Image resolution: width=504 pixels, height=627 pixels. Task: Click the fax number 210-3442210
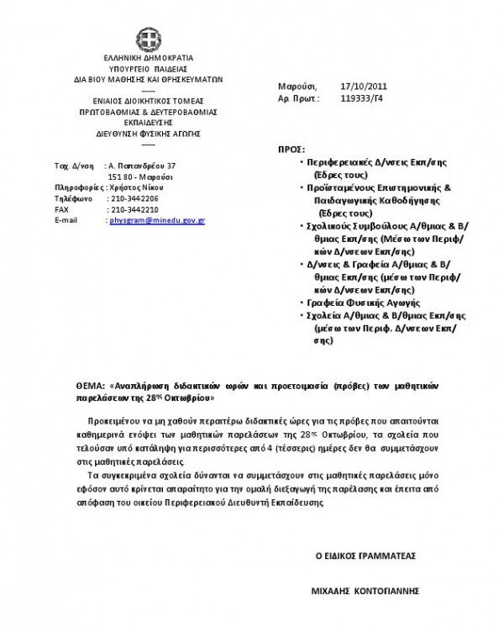tap(134, 209)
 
